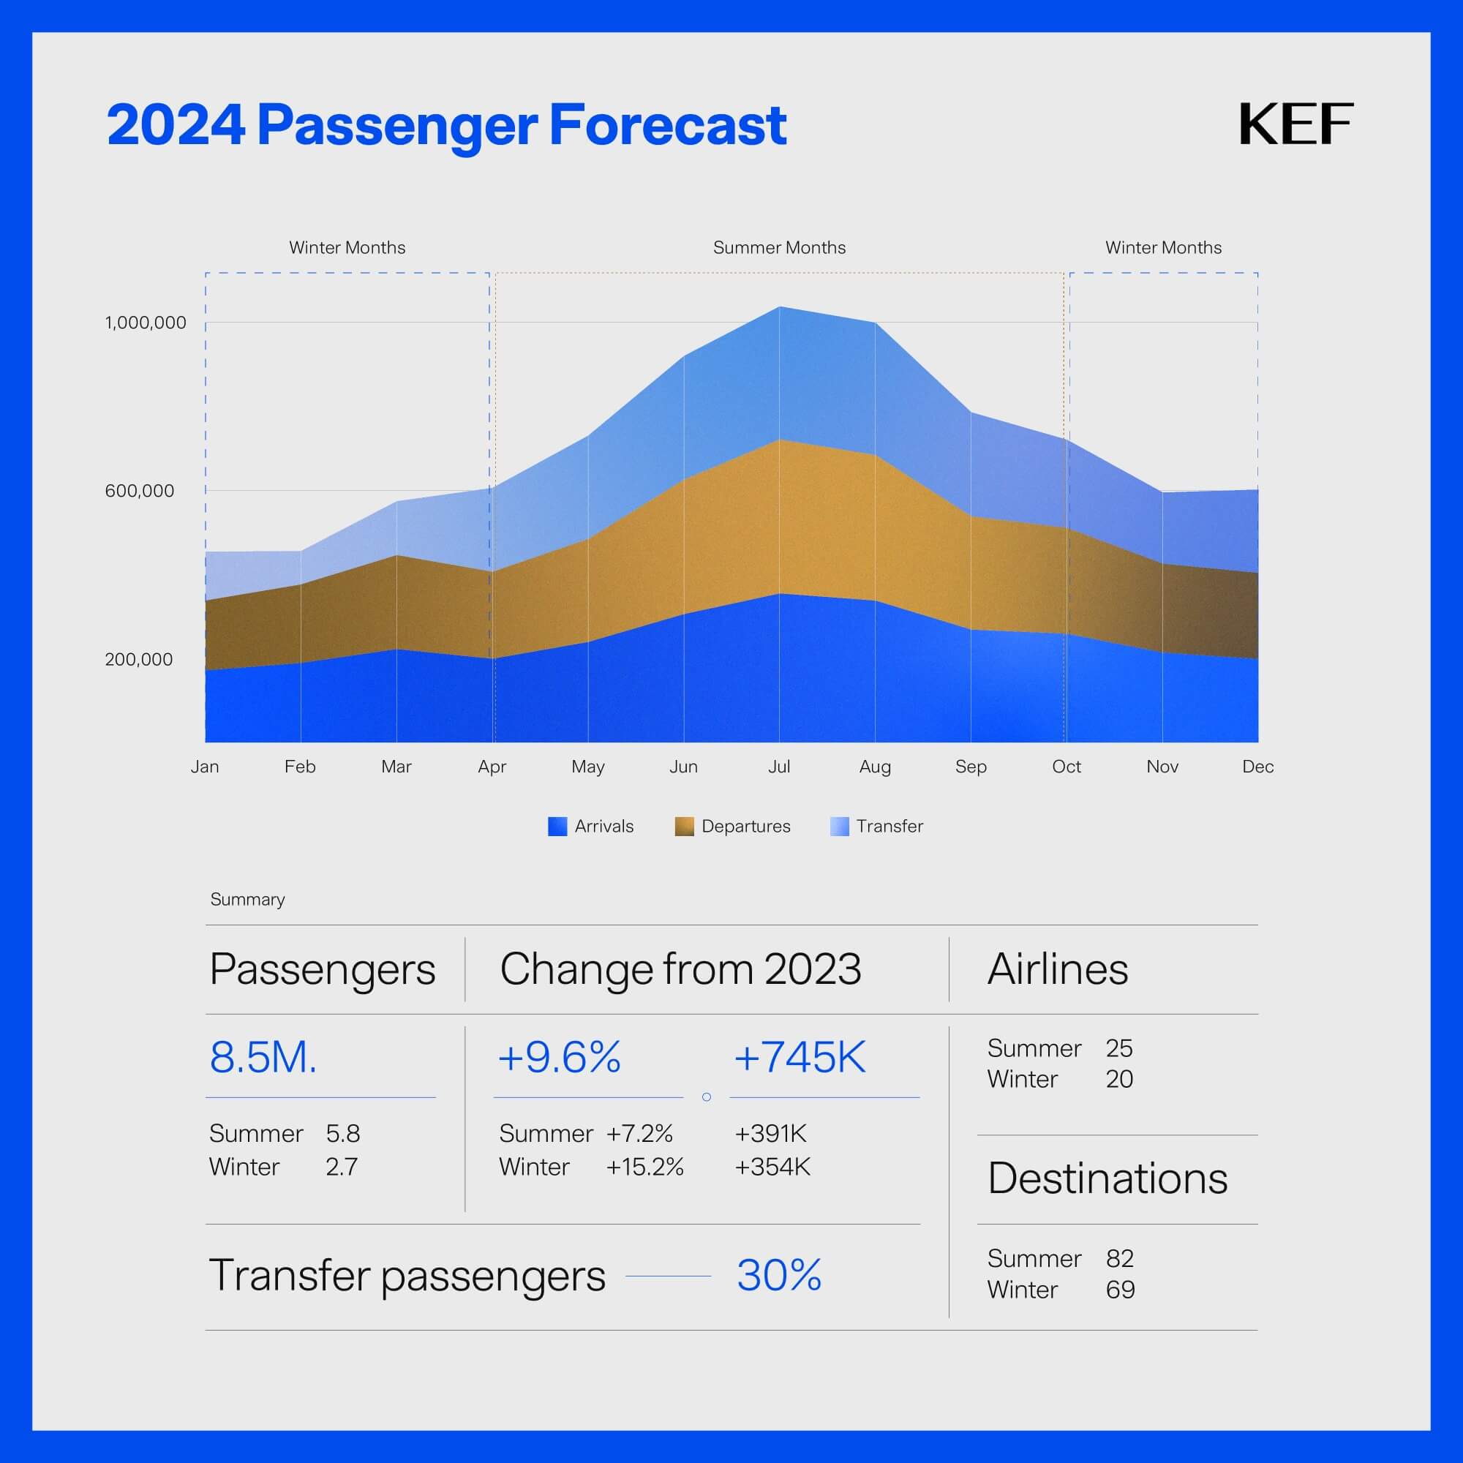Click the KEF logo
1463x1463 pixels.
(1295, 124)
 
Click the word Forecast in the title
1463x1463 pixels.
(667, 125)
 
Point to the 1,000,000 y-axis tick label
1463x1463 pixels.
(146, 323)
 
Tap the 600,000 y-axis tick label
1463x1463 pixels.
(139, 491)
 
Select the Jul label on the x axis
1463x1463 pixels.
(779, 767)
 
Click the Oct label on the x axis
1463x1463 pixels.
(1067, 767)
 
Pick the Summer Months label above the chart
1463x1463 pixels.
(779, 248)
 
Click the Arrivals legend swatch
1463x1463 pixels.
(557, 826)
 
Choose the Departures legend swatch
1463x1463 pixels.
(684, 826)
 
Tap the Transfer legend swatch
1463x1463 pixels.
(839, 826)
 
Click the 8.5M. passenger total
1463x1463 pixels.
(263, 1057)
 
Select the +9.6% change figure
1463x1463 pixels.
(559, 1057)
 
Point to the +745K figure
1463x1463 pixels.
(800, 1057)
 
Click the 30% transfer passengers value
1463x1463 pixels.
(779, 1275)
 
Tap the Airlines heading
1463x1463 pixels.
(1057, 969)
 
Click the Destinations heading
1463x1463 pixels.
(1107, 1178)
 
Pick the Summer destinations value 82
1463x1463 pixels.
(1119, 1258)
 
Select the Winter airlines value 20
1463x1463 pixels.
(1119, 1079)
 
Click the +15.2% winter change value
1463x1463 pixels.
(644, 1167)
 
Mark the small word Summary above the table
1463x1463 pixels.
(248, 900)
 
